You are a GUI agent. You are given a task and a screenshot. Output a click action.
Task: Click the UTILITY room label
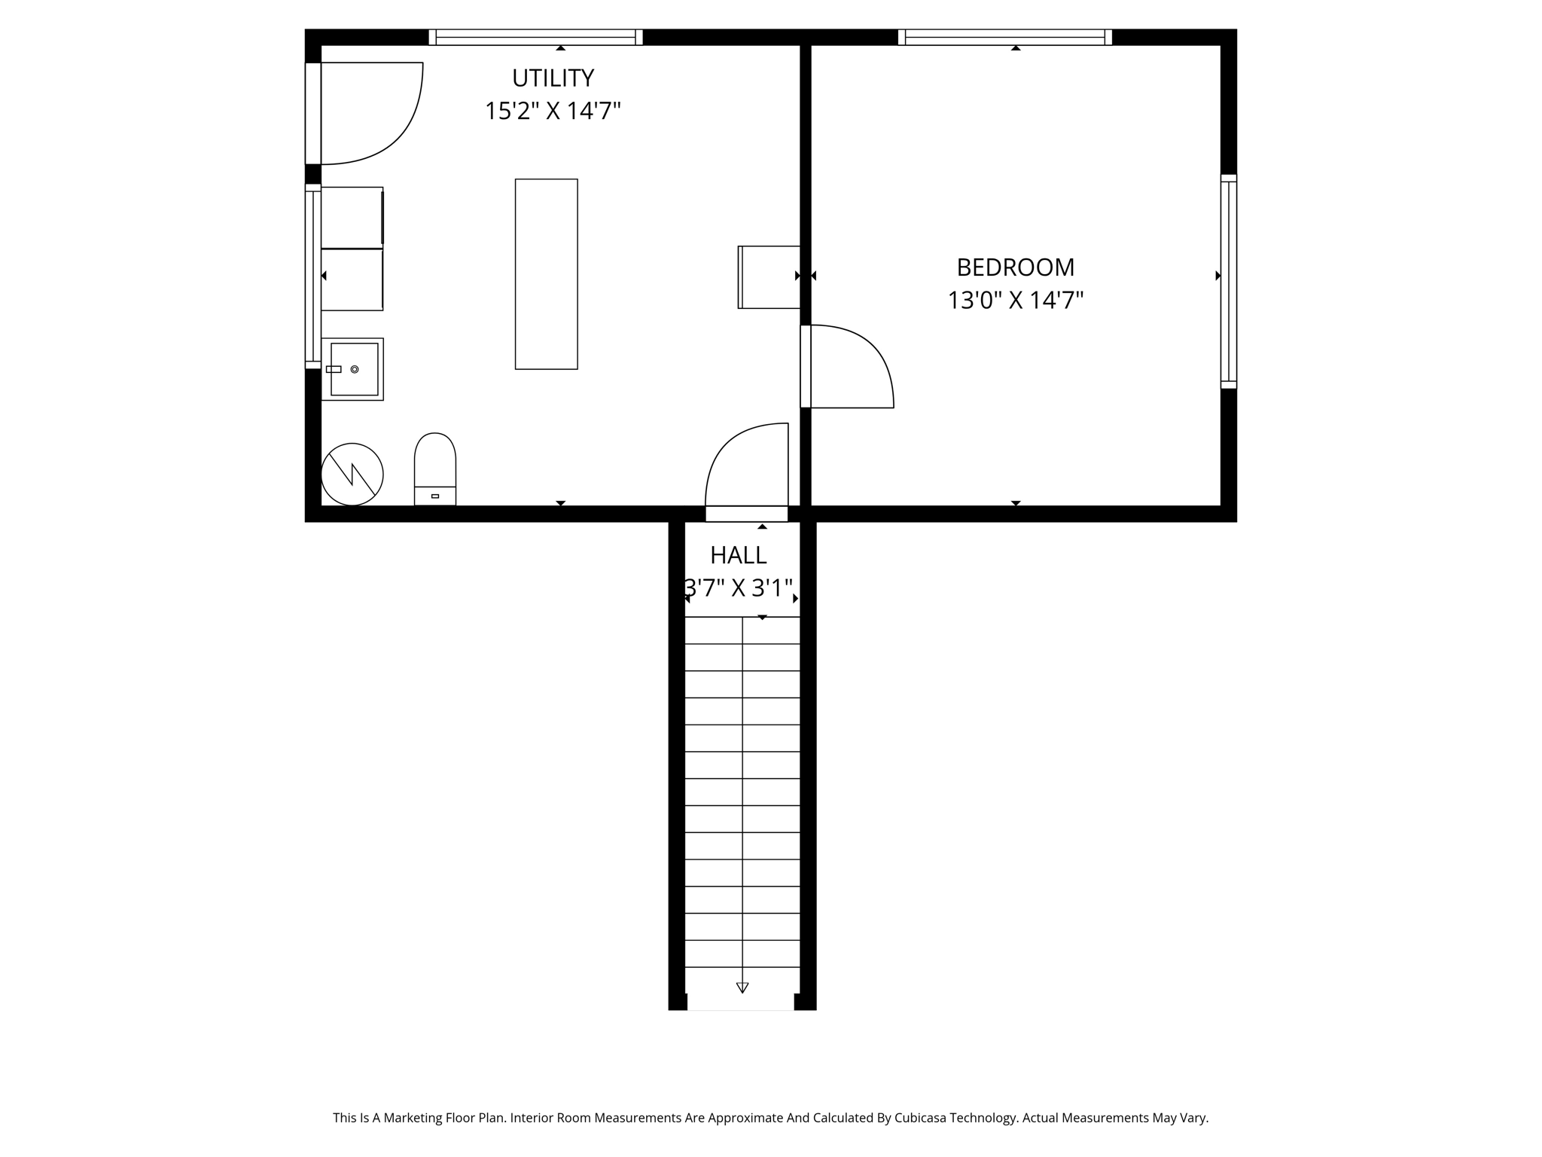(x=553, y=78)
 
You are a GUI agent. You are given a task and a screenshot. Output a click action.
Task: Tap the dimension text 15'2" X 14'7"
(x=553, y=111)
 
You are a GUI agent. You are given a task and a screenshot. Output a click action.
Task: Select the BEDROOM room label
(x=1015, y=267)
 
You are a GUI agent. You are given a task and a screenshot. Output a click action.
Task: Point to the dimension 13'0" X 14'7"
(x=1015, y=301)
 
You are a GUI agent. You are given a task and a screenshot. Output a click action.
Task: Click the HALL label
(x=738, y=555)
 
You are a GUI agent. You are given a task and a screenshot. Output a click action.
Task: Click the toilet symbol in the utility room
(x=435, y=469)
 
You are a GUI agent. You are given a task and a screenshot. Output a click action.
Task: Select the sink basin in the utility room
(x=353, y=369)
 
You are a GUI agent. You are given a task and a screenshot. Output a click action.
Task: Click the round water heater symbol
(x=352, y=475)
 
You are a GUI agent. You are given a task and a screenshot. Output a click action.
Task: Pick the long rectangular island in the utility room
(x=546, y=274)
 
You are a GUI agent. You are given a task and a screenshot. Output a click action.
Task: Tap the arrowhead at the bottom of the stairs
(x=742, y=988)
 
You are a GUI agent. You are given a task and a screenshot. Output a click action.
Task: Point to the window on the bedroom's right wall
(x=1228, y=282)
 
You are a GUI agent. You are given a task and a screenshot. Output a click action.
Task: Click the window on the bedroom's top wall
(x=1004, y=37)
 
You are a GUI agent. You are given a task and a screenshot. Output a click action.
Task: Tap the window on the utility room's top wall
(x=535, y=37)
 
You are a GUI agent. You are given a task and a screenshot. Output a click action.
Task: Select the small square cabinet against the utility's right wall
(x=769, y=277)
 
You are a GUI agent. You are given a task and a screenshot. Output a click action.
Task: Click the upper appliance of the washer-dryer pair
(x=352, y=217)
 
